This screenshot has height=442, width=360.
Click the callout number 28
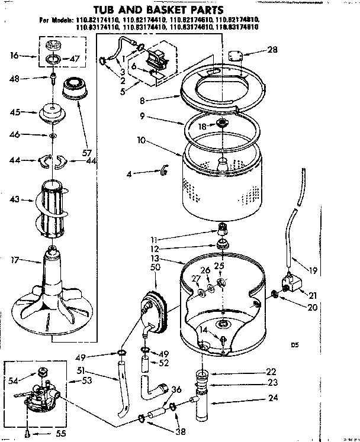272,50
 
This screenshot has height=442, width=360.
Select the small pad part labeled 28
237,57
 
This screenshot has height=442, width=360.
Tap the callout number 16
15,56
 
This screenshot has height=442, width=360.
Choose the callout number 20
312,307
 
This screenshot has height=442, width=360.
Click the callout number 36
176,390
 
